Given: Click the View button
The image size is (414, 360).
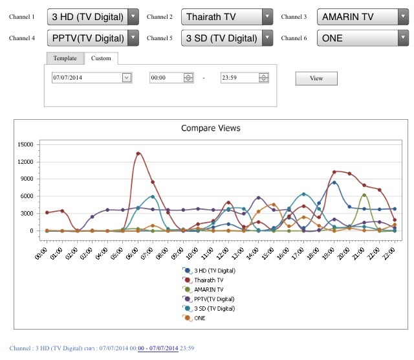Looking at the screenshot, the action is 316,78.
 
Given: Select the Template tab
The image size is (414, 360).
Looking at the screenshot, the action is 65,58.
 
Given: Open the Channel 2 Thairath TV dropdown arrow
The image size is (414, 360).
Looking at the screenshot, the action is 267,17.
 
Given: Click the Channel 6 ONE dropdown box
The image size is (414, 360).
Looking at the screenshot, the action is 363,38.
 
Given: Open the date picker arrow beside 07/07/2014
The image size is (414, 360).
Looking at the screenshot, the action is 127,78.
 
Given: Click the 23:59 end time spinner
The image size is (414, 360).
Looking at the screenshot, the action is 263,78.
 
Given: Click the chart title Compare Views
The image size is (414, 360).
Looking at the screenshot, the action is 211,128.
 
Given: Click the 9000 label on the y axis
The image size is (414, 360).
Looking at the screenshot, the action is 27,179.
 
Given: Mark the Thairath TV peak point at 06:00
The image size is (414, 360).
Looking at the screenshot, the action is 138,153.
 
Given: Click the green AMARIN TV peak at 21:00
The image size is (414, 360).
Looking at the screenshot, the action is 364,196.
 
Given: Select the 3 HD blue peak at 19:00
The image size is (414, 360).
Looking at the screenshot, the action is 334,183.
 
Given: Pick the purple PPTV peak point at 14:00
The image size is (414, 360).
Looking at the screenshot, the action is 259,197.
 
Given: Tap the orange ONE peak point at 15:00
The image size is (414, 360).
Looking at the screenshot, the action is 274,205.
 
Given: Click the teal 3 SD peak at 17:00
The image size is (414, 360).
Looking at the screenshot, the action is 304,194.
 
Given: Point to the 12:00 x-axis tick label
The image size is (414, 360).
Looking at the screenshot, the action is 223,254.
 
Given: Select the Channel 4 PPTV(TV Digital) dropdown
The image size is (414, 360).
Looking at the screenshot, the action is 93,38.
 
